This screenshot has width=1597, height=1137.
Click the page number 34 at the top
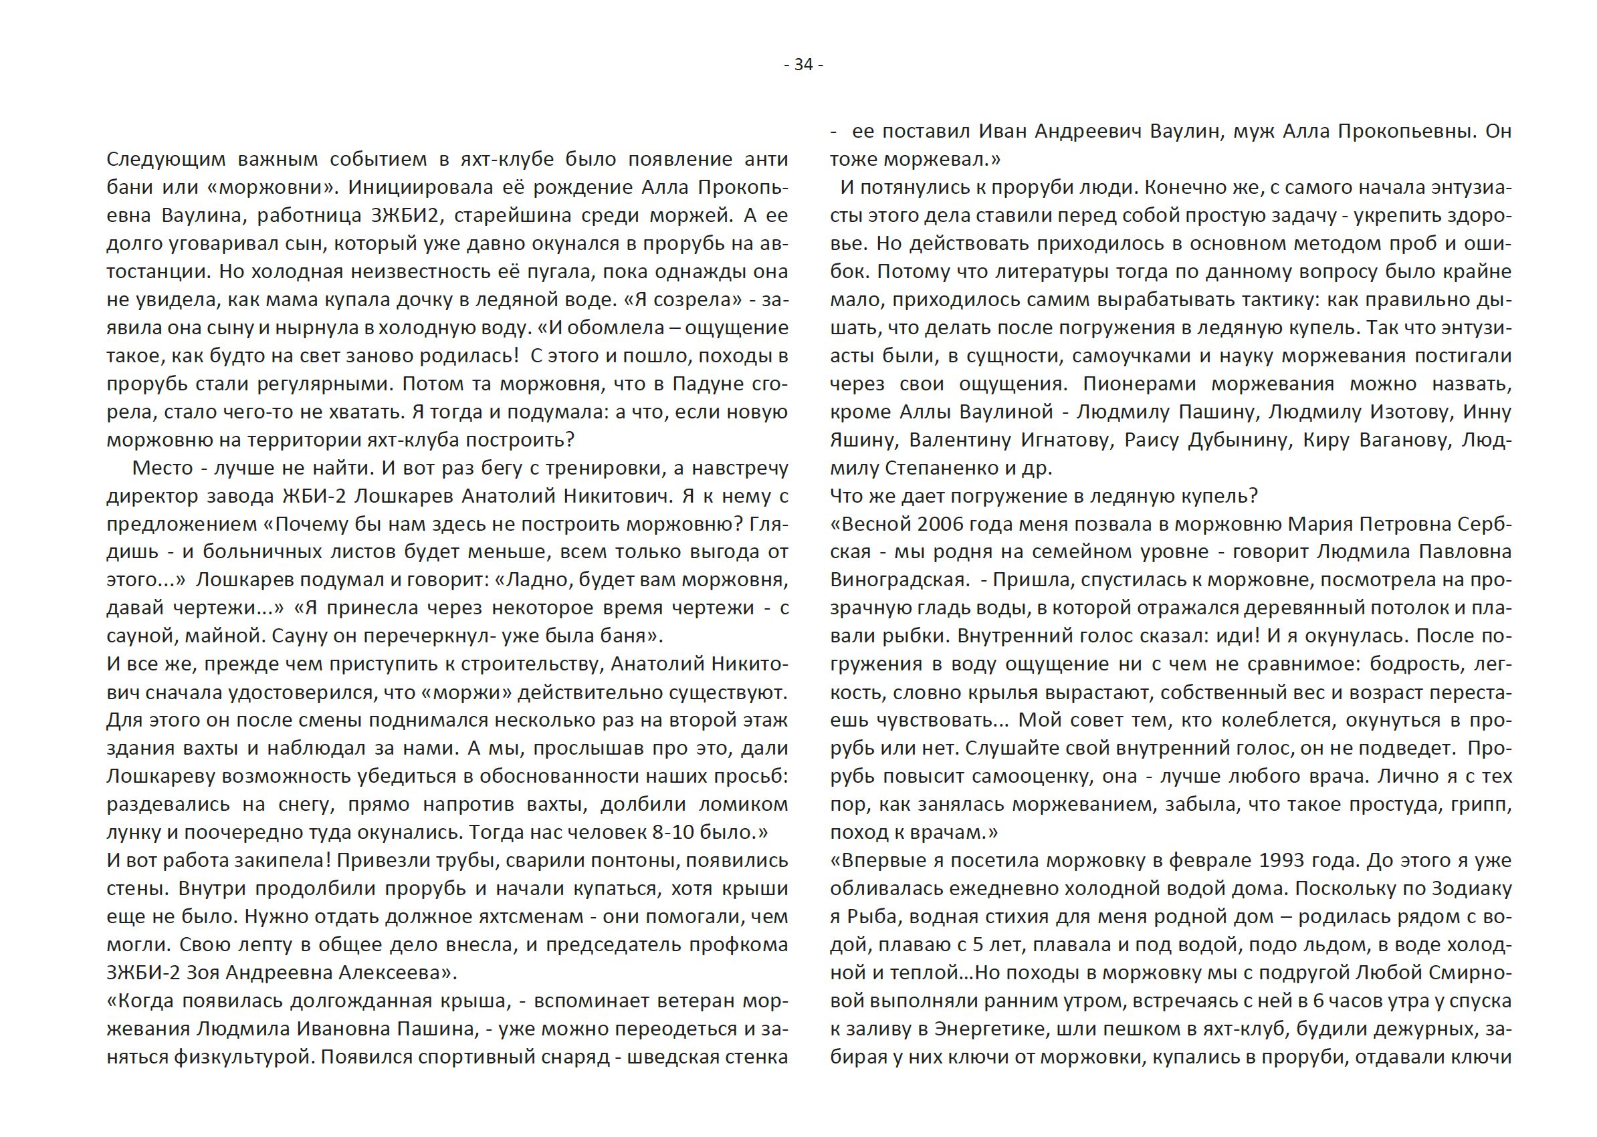tap(803, 65)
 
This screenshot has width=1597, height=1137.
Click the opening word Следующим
tap(166, 160)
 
